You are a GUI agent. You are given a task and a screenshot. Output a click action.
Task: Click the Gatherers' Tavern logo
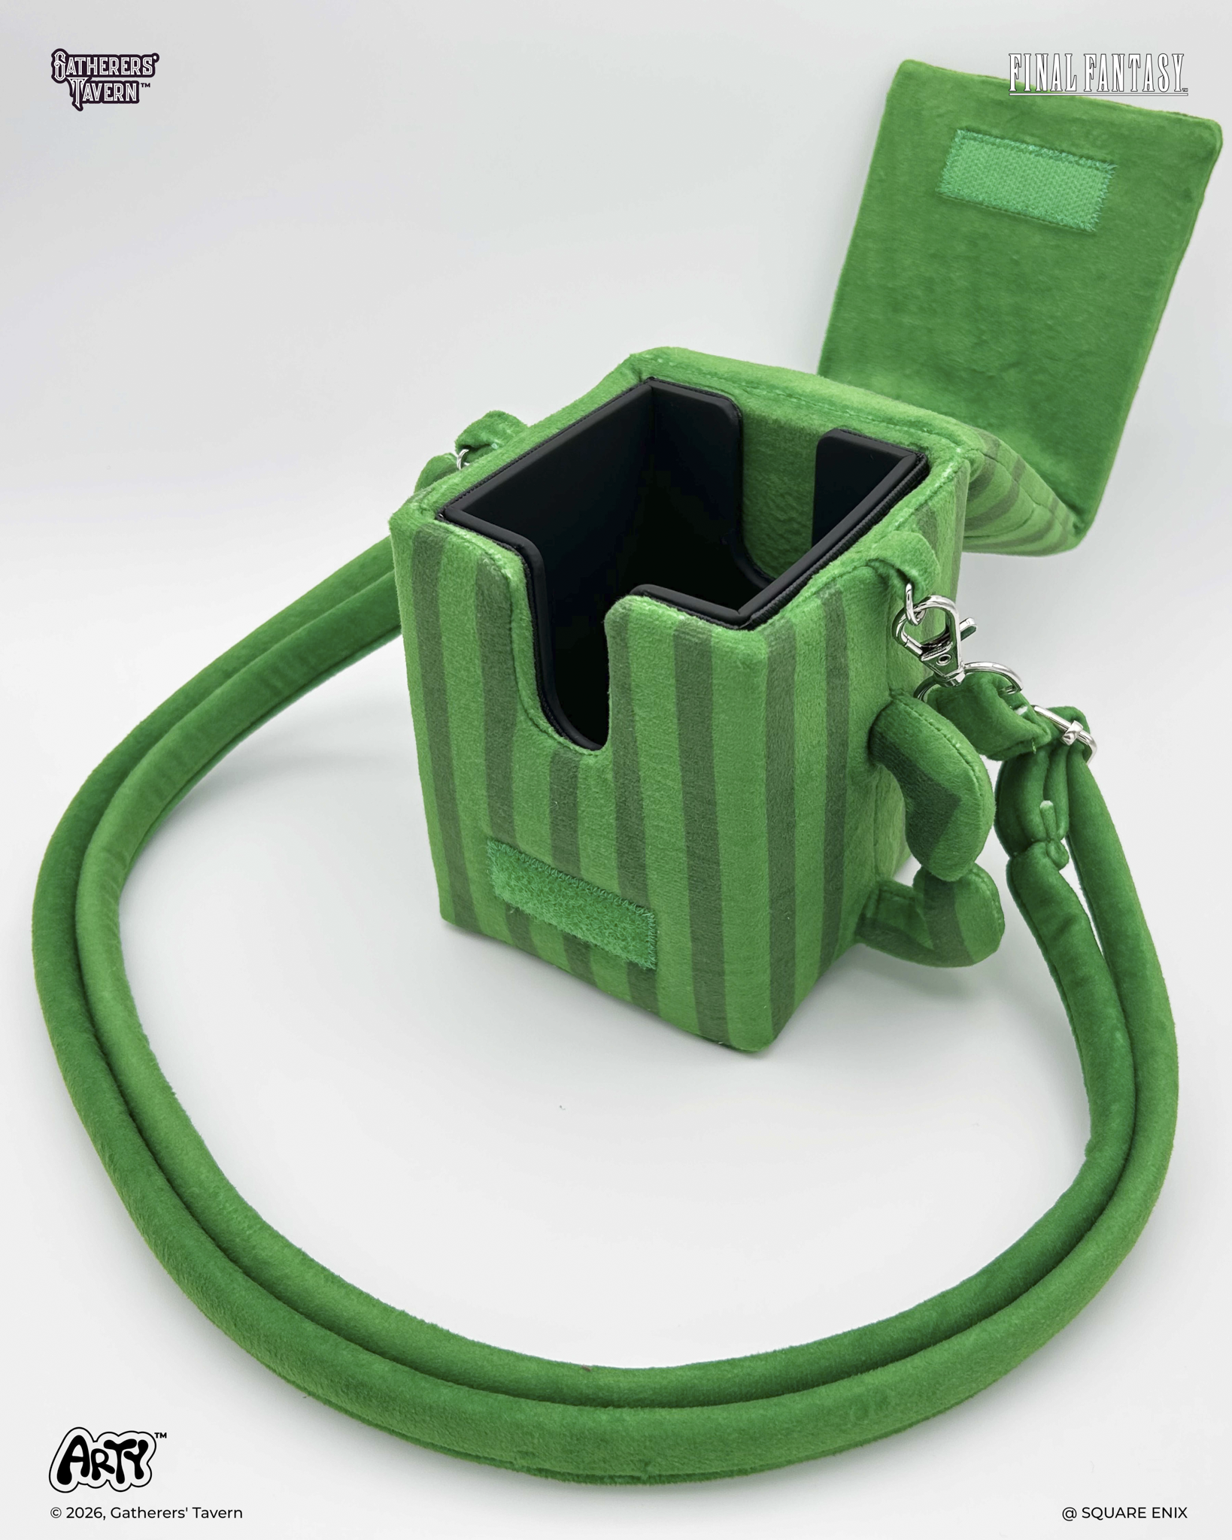[104, 77]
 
